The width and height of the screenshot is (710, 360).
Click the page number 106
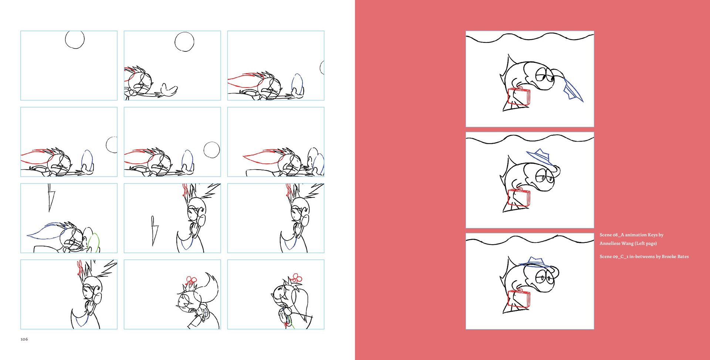coord(24,339)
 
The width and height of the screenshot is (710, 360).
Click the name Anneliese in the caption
coord(610,243)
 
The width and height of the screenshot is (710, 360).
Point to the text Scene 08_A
coord(612,235)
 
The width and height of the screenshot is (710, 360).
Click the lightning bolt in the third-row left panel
coord(50,198)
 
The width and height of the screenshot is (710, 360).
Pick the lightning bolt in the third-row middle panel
coord(155,231)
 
